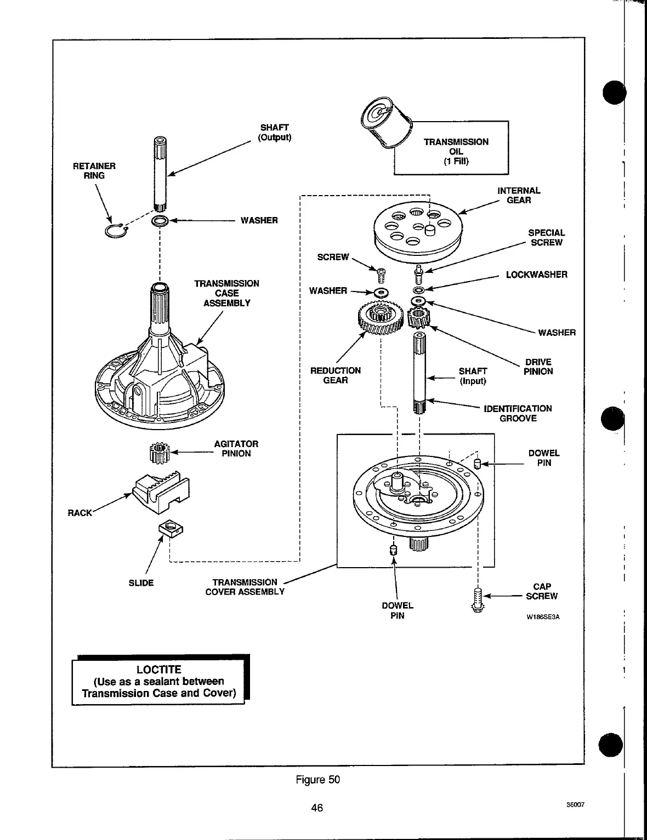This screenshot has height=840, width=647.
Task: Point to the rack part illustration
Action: coord(161,489)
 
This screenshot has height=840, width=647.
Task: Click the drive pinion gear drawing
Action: coord(420,318)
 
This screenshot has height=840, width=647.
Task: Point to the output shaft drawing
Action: coord(160,173)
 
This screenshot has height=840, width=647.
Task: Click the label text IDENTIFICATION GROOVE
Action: coord(518,413)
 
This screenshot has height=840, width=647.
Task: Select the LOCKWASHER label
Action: coord(536,275)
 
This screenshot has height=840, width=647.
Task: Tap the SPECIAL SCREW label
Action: coord(546,238)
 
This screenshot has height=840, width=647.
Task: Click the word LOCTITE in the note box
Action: coord(158,670)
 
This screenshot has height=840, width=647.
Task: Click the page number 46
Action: coord(317,807)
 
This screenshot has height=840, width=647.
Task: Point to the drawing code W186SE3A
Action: coord(543,617)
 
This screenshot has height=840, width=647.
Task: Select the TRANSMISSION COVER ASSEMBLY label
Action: coord(245,587)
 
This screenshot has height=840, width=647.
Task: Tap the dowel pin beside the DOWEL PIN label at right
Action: coord(477,465)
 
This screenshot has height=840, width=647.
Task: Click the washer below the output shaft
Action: coord(160,221)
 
